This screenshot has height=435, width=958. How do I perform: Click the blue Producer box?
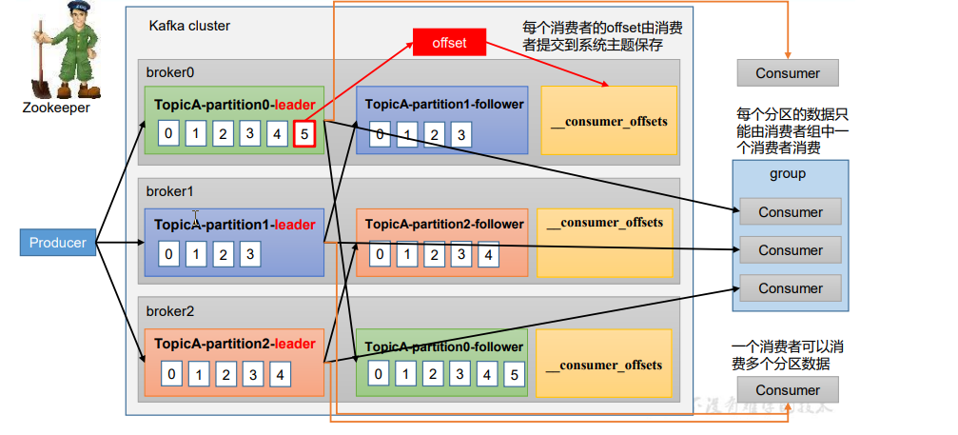[58, 243]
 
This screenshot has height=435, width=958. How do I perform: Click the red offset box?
[449, 43]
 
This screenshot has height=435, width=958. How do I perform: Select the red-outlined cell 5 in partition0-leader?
[304, 134]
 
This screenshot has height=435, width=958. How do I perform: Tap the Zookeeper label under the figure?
[57, 108]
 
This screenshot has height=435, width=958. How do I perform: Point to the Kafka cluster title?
[189, 26]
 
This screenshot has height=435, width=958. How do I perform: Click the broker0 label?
[169, 72]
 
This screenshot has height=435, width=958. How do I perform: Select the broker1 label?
[169, 190]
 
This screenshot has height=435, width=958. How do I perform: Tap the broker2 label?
[169, 311]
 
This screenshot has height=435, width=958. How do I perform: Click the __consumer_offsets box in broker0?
[609, 121]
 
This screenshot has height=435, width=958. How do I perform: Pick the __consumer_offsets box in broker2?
[609, 365]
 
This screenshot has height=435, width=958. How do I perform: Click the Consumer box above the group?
[788, 73]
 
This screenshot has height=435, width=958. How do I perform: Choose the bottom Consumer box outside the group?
[788, 390]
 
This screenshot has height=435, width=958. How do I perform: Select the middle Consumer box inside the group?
[791, 250]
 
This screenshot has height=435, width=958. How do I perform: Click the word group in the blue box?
[788, 174]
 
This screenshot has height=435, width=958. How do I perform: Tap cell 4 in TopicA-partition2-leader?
[281, 374]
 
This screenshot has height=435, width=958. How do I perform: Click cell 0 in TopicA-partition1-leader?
[168, 254]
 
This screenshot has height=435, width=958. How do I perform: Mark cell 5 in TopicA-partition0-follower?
[515, 374]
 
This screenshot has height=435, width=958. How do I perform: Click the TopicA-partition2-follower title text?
[444, 225]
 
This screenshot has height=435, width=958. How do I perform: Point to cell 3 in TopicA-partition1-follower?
[461, 134]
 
